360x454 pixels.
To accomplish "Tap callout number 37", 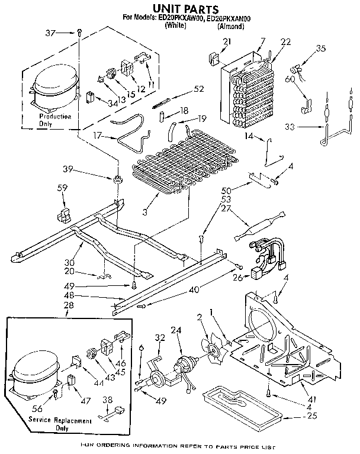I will [52, 33].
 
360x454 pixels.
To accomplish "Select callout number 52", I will [198, 89].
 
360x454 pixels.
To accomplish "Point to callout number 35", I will [322, 49].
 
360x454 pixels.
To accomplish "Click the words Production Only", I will [55, 121].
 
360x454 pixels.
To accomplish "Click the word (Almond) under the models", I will [231, 26].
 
